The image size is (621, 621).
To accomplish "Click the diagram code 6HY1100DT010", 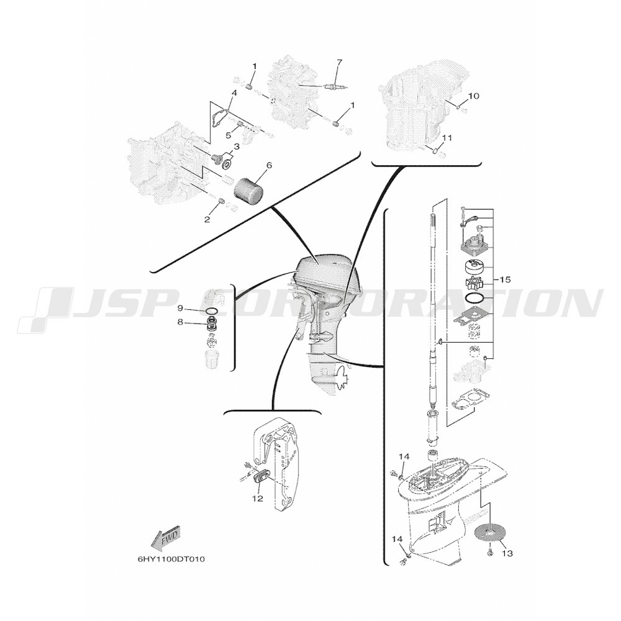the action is coord(171,560).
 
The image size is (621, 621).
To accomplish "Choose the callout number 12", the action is coord(258,499).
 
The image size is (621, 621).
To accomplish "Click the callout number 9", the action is coord(180,308).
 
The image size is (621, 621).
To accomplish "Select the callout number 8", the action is coord(180,322).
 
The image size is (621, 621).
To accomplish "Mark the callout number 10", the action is coord(474,96).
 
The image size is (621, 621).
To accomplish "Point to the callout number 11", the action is coord(447,138).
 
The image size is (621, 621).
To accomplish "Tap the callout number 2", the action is coord(207,219).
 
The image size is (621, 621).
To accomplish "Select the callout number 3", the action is coord(237,147).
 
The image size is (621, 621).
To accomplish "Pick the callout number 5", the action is coord(228,135).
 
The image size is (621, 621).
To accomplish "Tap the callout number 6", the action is coord(269,165).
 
